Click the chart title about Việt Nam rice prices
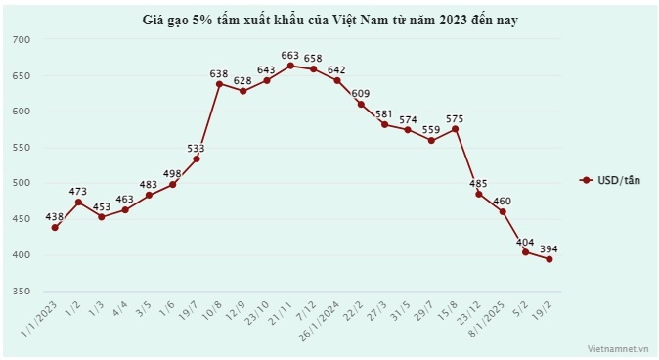pos(329,19)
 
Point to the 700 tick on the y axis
pos(22,39)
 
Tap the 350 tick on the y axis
pos(22,291)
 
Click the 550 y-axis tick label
pos(22,147)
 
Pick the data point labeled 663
pos(290,66)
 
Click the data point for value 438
pos(55,227)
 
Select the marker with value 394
pos(549,259)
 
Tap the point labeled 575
pos(456,129)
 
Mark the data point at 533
pos(197,158)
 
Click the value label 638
pos(220,73)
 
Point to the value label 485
pos(479,183)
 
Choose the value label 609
pos(362,93)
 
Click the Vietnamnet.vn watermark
pos(618,347)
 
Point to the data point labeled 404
pos(526,251)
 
